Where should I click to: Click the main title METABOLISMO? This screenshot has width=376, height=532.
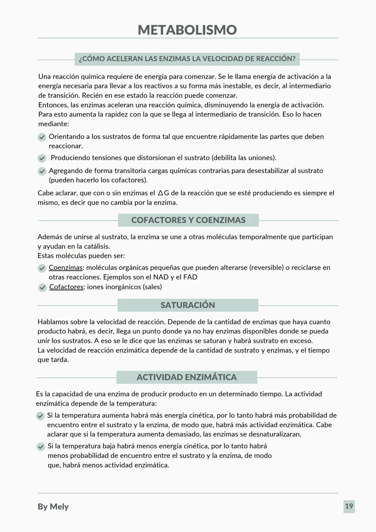tap(187, 30)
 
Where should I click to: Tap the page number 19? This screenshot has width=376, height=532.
tap(349, 506)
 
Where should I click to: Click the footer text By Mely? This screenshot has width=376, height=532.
tap(53, 507)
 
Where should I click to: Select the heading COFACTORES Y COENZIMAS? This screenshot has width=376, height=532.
tap(188, 220)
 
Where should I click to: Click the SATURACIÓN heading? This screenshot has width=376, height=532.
tap(188, 305)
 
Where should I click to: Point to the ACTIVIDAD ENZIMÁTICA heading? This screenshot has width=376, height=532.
tap(187, 377)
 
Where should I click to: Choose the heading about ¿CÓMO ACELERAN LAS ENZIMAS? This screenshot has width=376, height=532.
tap(187, 58)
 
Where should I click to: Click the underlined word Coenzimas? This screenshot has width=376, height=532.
tap(65, 268)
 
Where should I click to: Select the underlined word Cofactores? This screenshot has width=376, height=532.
tap(66, 287)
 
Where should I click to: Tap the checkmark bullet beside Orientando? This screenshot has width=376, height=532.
tap(42, 137)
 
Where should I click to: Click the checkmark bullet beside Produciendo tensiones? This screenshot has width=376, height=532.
tap(42, 158)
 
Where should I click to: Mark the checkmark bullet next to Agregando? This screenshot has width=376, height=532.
tap(42, 171)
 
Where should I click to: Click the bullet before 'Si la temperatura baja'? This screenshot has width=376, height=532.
tap(41, 447)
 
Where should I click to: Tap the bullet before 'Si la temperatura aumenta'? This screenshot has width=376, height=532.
tap(40, 416)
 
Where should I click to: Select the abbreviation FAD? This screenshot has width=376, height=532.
tap(190, 277)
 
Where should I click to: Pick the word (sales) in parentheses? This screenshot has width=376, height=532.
tap(152, 287)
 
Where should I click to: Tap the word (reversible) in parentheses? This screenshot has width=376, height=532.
tap(261, 268)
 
